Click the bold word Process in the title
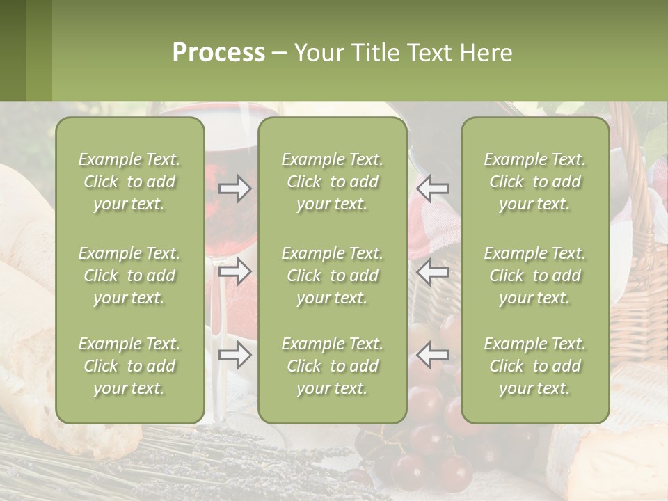tap(218, 53)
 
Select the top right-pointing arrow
tap(234, 189)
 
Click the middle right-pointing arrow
tap(234, 271)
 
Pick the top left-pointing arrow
tap(432, 189)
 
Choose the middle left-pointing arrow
tap(432, 271)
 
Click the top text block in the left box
tap(129, 182)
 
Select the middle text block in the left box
tap(129, 276)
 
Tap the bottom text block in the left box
tap(129, 366)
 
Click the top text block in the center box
tap(332, 182)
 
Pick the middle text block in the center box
tap(332, 276)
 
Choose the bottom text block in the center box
tap(332, 366)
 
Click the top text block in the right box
tap(534, 182)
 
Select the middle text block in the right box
tap(534, 276)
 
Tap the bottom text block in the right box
tap(534, 366)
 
